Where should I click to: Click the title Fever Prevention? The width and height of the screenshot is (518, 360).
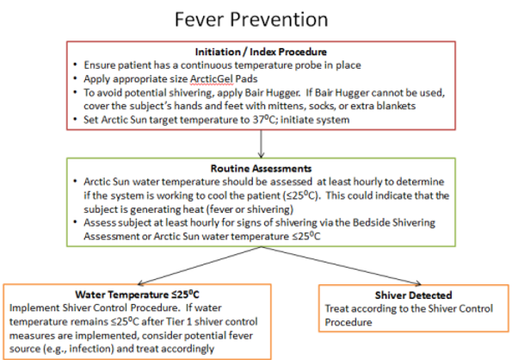click(258, 18)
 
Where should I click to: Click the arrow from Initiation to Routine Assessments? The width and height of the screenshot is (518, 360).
click(258, 143)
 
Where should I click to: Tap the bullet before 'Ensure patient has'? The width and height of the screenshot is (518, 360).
click(75, 65)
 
